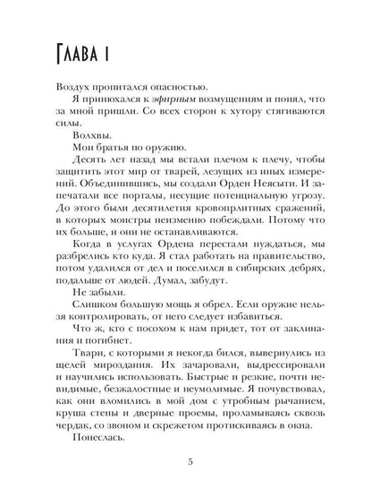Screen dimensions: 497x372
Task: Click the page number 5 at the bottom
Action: click(x=188, y=462)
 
